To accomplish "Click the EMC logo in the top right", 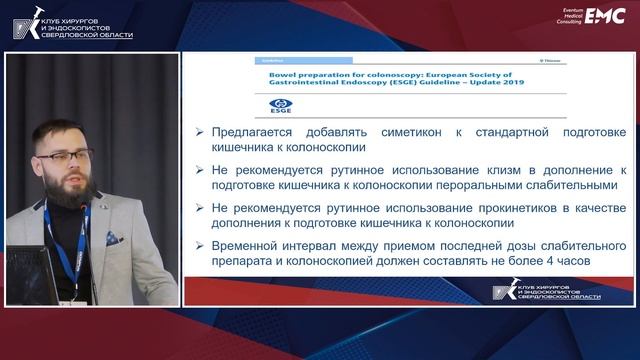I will coord(604,15).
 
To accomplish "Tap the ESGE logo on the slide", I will coord(282,104).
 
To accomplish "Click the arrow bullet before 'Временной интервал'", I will coord(200,243).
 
